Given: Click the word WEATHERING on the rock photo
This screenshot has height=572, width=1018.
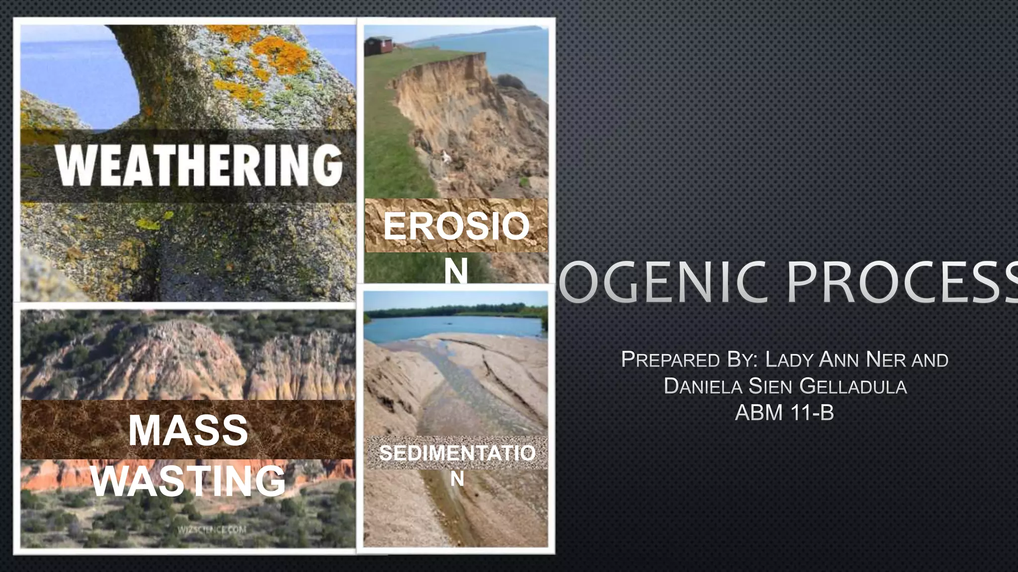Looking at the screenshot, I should tap(199, 165).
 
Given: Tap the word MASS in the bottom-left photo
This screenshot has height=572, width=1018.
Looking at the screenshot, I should tap(188, 430).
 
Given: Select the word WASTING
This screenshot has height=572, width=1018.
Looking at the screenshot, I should tap(189, 481).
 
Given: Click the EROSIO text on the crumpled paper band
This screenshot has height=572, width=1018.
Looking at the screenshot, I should tap(456, 226).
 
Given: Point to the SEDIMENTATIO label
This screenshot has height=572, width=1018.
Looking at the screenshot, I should tap(457, 453).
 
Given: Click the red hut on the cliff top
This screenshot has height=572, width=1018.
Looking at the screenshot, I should tap(379, 46).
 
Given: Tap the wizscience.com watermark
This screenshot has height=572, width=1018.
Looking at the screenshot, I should tap(212, 529).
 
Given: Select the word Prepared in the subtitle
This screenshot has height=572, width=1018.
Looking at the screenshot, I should tap(671, 359).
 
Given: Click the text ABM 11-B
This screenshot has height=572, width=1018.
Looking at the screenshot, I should tap(784, 413).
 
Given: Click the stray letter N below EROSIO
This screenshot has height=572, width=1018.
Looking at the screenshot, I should tap(456, 271).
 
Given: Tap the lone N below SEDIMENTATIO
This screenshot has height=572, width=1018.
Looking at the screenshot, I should tap(457, 479).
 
